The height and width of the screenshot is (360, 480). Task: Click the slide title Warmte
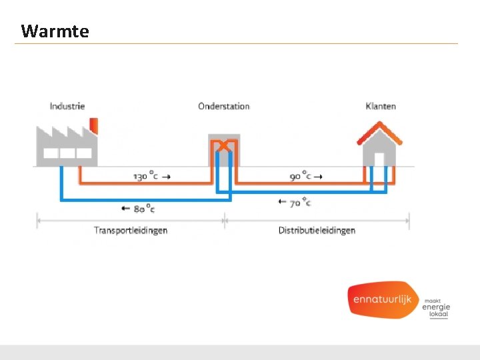click(x=55, y=31)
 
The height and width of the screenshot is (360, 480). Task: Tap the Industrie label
click(x=67, y=106)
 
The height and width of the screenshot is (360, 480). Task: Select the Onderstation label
click(x=224, y=106)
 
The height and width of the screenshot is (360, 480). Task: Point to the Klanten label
click(x=381, y=106)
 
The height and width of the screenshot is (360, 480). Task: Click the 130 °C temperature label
click(x=146, y=177)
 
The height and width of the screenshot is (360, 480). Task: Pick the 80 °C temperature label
click(x=144, y=209)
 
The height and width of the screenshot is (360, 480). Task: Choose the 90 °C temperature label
click(x=301, y=176)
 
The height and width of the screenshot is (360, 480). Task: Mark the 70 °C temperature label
click(x=299, y=201)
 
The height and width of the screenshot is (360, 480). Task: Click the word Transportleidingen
click(x=131, y=231)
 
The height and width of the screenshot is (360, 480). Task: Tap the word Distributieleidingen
click(x=317, y=231)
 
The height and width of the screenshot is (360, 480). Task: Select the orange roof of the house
click(x=380, y=131)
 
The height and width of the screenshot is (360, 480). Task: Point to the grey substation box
click(x=224, y=150)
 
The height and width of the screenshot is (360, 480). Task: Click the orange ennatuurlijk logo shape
click(x=382, y=299)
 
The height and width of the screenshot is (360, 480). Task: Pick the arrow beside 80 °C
click(x=125, y=209)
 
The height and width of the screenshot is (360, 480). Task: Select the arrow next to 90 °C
click(x=319, y=176)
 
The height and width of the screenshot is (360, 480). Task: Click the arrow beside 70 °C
click(x=281, y=201)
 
